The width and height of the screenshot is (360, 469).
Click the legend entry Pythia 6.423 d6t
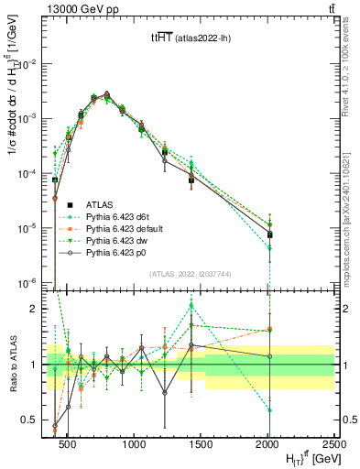[x=124, y=215]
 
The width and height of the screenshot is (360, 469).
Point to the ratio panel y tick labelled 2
[x=35, y=310]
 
